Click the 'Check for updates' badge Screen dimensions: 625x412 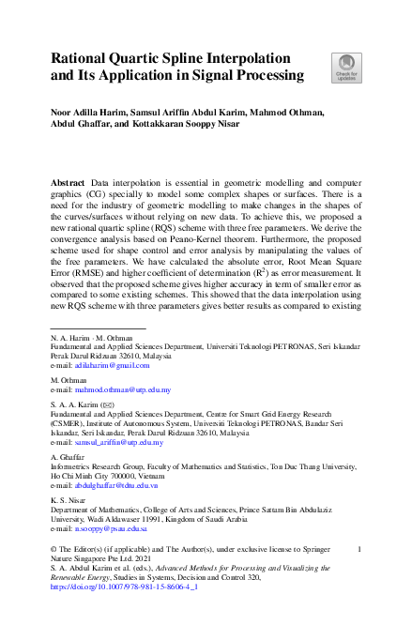click(x=344, y=67)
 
